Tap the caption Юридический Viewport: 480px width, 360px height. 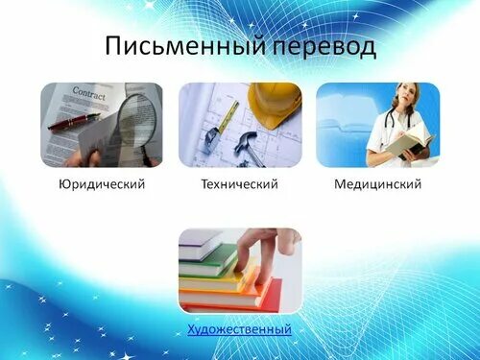pyautogui.click(x=102, y=183)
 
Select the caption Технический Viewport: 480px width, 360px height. pyautogui.click(x=240, y=183)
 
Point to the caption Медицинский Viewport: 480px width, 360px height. pyautogui.click(x=378, y=183)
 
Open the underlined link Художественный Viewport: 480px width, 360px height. pyautogui.click(x=240, y=330)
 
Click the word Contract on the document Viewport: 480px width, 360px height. pyautogui.click(x=88, y=95)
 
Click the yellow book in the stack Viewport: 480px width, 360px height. pyautogui.click(x=216, y=280)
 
